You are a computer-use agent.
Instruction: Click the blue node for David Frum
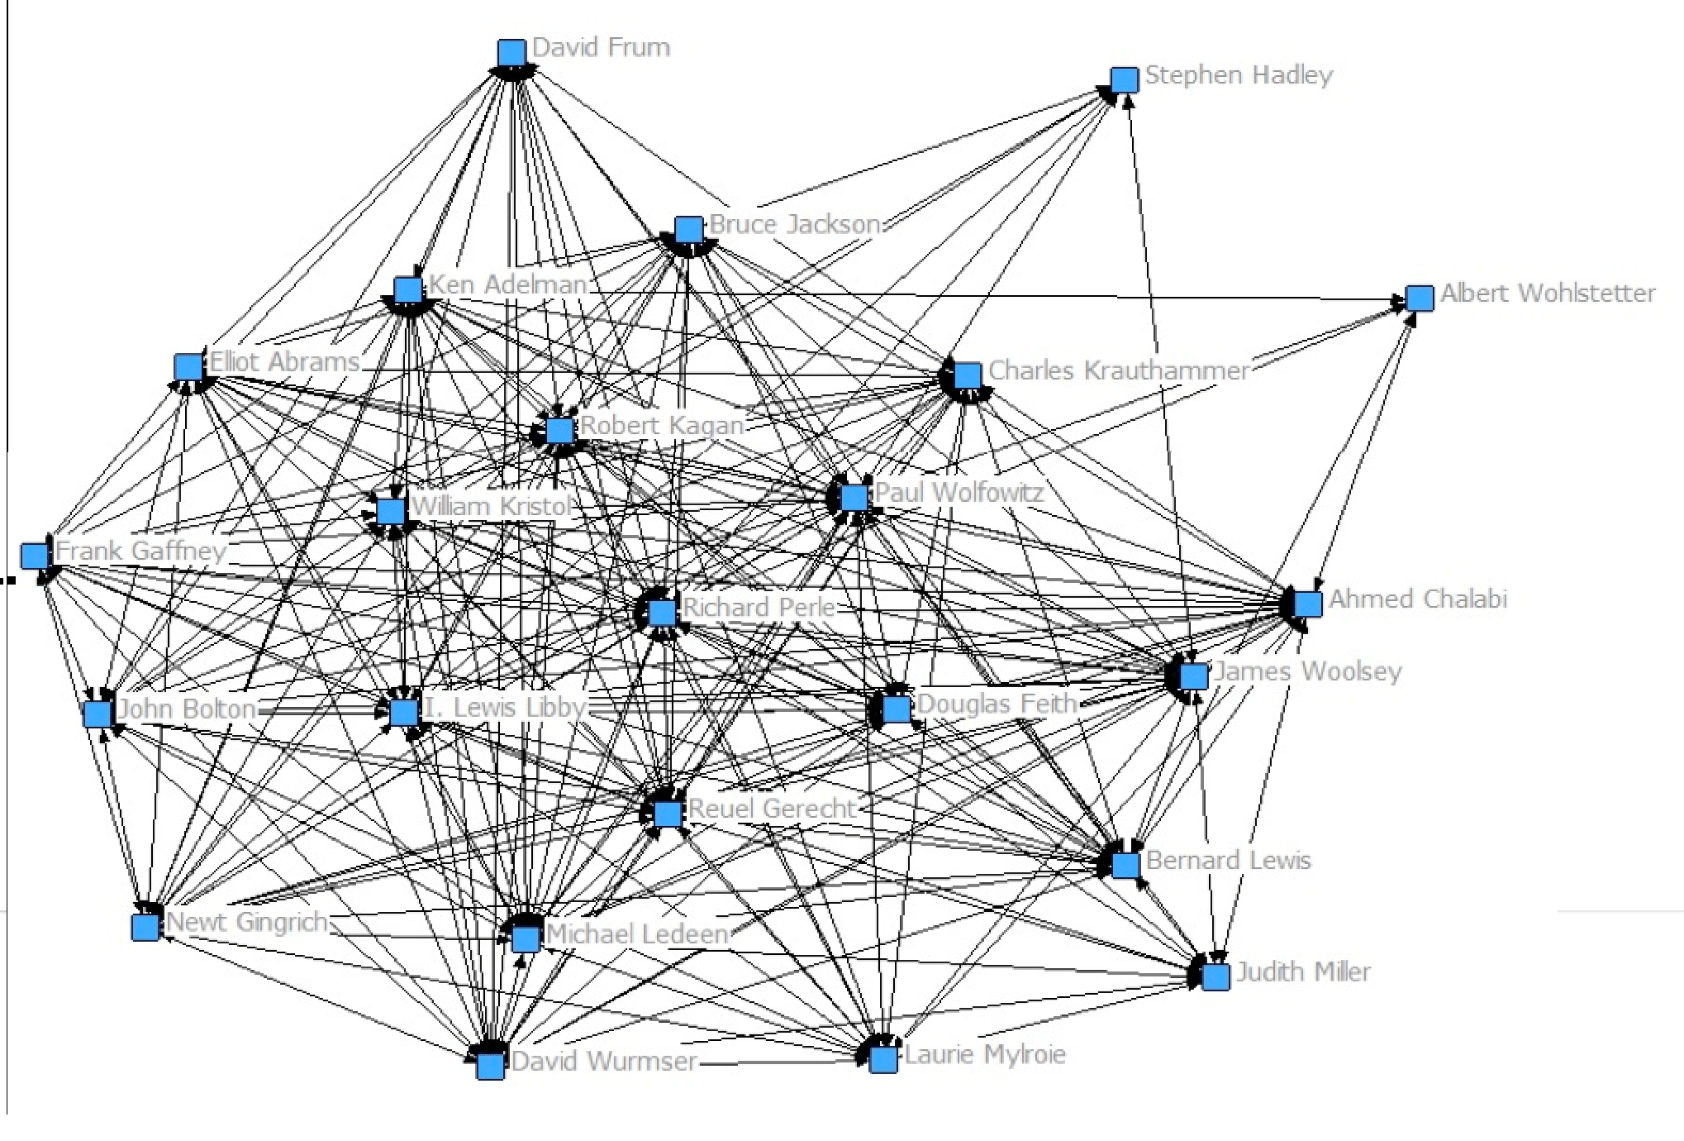[512, 53]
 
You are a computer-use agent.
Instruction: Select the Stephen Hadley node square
[1124, 80]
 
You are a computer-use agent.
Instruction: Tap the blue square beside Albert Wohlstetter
[1420, 298]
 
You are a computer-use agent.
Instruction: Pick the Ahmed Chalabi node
[1308, 604]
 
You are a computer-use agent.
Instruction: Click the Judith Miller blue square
[1215, 976]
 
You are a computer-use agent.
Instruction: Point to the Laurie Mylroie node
[883, 1059]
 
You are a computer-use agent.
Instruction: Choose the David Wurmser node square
[491, 1066]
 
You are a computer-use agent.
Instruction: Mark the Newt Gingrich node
[146, 927]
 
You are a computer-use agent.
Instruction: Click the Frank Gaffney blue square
[36, 556]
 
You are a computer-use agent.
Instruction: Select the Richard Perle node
[663, 613]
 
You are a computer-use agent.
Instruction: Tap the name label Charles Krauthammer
[1119, 370]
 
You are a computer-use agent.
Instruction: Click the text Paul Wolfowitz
[959, 492]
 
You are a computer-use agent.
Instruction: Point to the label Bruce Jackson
[795, 224]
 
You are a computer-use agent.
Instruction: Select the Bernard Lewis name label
[1229, 860]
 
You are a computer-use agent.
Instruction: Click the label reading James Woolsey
[1308, 671]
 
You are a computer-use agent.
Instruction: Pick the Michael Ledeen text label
[637, 934]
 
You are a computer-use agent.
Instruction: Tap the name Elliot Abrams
[284, 361]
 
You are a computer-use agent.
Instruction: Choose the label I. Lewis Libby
[505, 707]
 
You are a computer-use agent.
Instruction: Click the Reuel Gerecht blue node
[668, 814]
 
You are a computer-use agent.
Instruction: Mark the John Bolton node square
[98, 714]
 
